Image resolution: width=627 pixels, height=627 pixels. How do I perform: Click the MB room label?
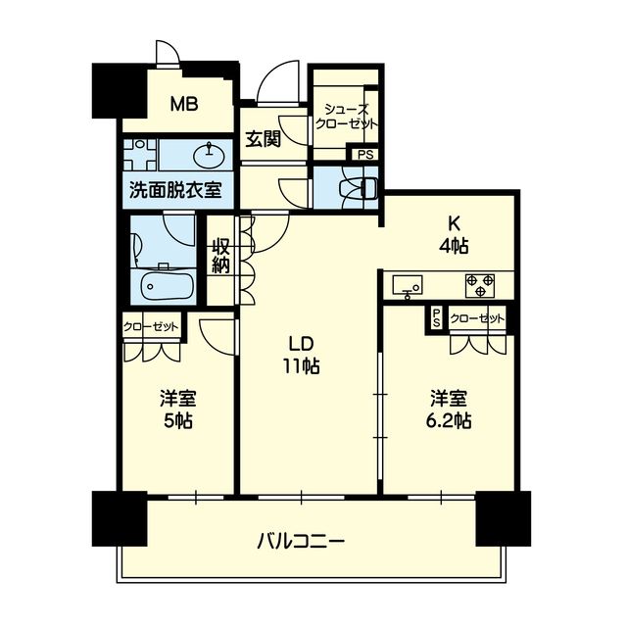point(184,104)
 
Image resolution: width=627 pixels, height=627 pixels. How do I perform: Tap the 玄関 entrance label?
point(263,138)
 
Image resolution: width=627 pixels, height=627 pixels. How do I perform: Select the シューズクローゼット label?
point(346,116)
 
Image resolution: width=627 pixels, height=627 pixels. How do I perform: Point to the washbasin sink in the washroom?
point(210,155)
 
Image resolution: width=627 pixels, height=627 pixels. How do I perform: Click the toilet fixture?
point(357,187)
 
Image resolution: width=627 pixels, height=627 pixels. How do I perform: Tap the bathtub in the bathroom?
point(168,286)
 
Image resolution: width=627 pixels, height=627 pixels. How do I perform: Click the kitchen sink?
point(408,285)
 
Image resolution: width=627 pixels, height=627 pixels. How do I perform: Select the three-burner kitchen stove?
point(480,285)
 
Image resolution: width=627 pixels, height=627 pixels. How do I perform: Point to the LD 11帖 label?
point(302,355)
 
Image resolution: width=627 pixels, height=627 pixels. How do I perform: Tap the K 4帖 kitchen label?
point(454,237)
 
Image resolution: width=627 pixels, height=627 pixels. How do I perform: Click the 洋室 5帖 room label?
point(178,410)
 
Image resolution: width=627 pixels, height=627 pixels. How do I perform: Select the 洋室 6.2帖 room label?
point(449,410)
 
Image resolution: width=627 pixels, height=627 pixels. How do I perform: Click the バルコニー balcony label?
point(301,542)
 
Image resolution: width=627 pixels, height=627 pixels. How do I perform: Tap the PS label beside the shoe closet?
point(365,155)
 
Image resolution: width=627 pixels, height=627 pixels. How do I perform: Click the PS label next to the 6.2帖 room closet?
point(437,317)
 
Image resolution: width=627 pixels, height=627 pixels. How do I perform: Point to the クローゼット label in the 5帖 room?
point(151,327)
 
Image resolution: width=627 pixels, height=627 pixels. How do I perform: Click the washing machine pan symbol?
point(139,155)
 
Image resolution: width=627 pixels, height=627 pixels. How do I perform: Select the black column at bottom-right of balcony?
point(503,518)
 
